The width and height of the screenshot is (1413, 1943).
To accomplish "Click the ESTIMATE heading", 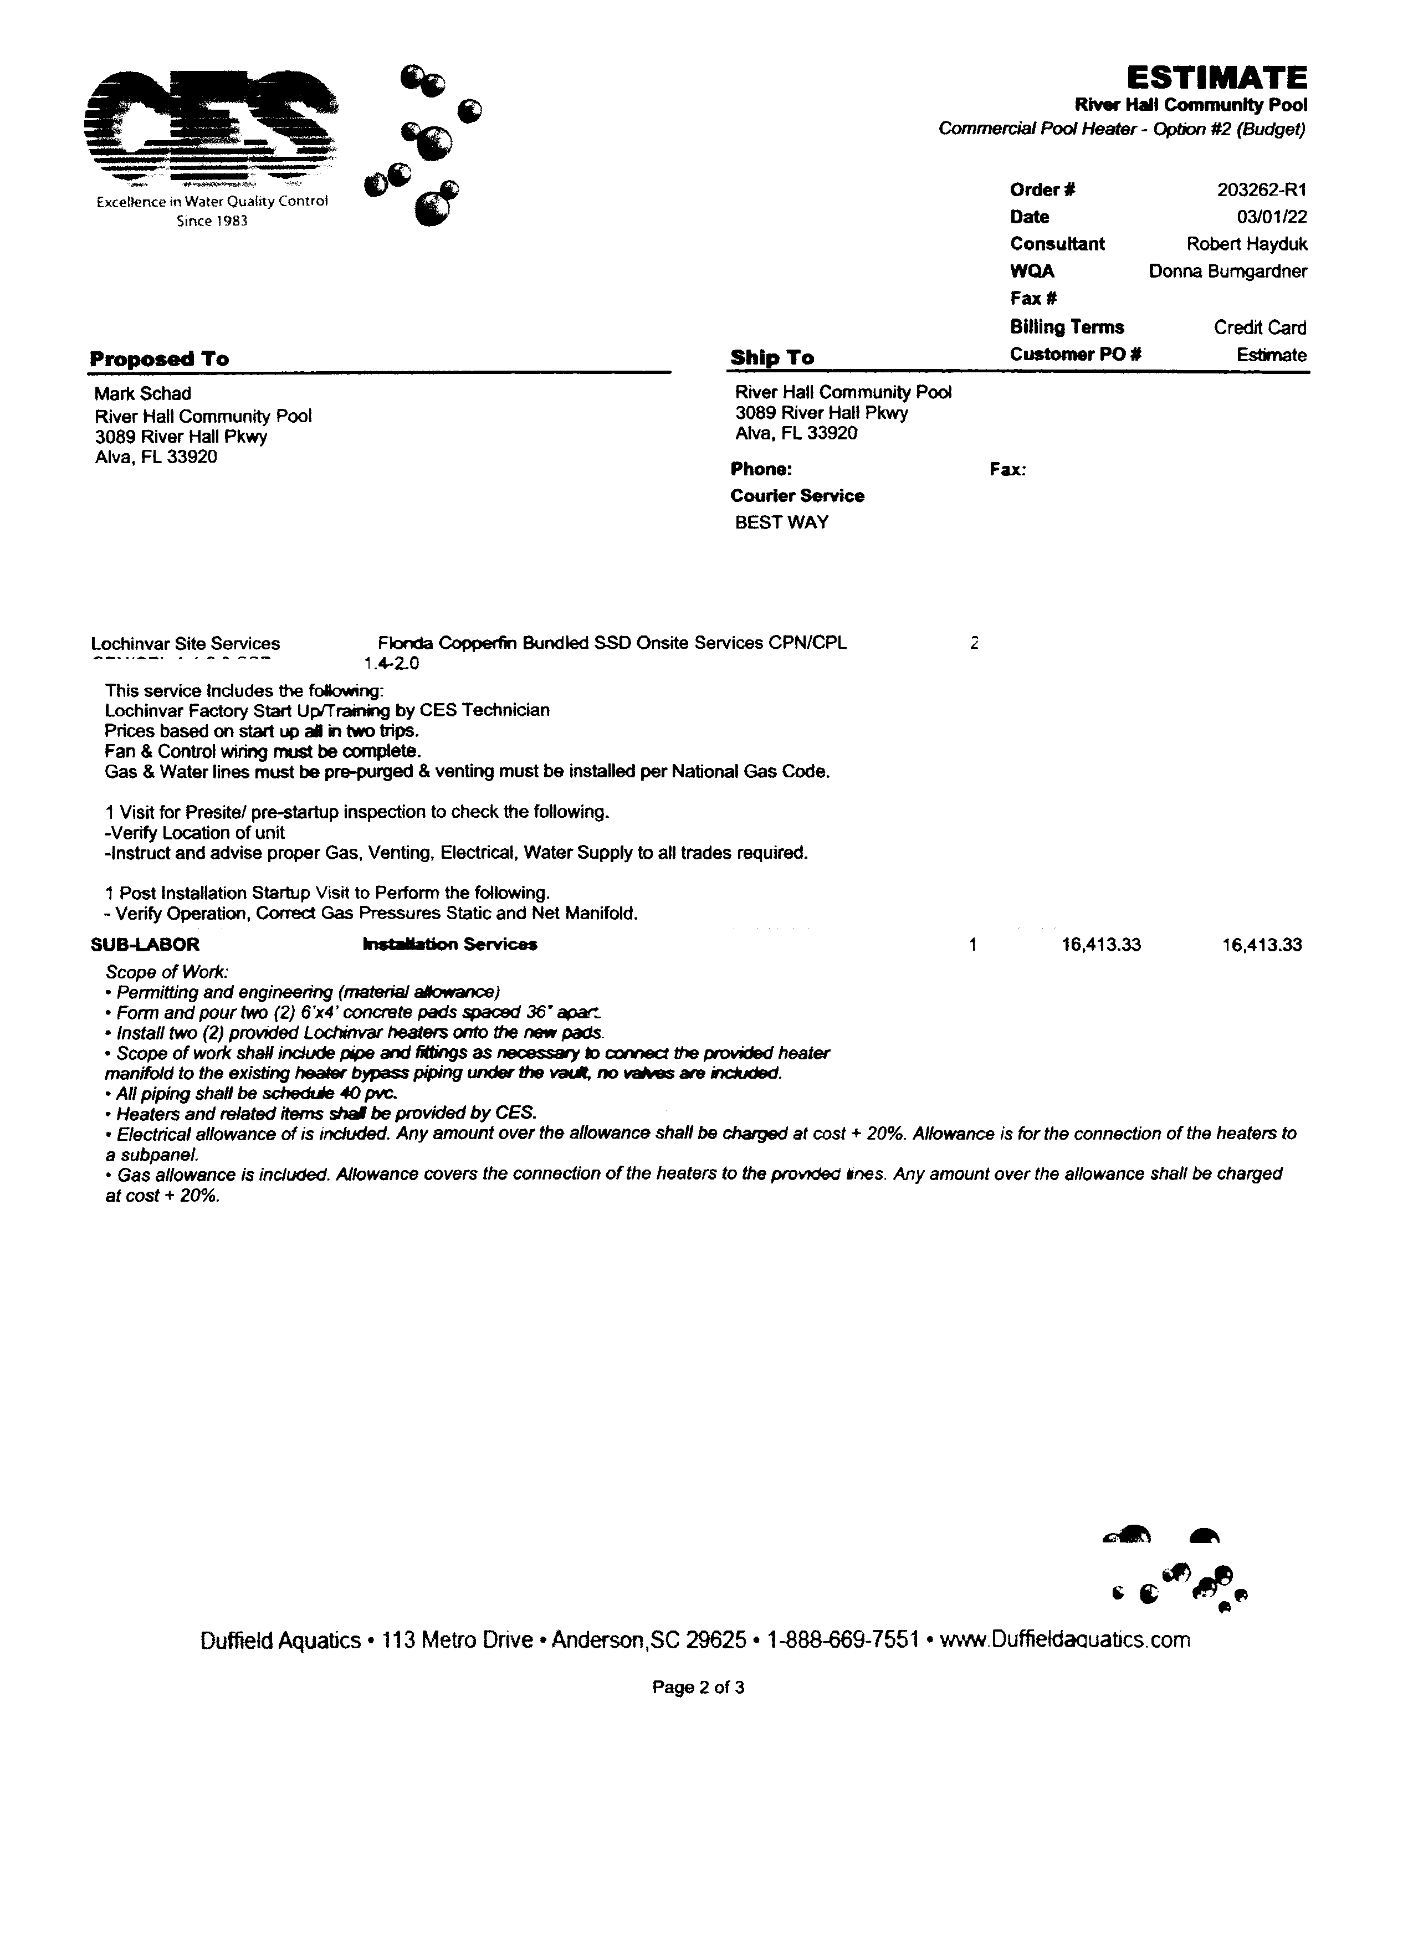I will [1215, 78].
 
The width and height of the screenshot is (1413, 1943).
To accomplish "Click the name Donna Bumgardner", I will [1227, 271].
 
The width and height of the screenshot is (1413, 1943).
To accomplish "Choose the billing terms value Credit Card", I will [1260, 327].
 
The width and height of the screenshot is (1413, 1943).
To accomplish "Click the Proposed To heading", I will [160, 359].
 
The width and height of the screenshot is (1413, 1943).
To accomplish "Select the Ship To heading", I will [772, 358].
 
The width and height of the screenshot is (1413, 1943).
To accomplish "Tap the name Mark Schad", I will [142, 394].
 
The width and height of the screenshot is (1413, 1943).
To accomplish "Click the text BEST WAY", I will [781, 522].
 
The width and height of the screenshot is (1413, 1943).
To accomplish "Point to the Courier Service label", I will [797, 496].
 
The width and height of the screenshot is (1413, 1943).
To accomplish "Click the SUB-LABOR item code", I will [145, 944].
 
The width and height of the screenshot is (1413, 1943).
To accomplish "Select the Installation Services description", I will [450, 944].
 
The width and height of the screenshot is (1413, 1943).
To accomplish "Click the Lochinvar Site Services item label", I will [185, 643].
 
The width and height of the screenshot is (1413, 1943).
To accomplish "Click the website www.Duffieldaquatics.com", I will [1064, 1640].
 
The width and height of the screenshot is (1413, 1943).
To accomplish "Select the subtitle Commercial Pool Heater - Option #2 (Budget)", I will [1122, 129].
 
